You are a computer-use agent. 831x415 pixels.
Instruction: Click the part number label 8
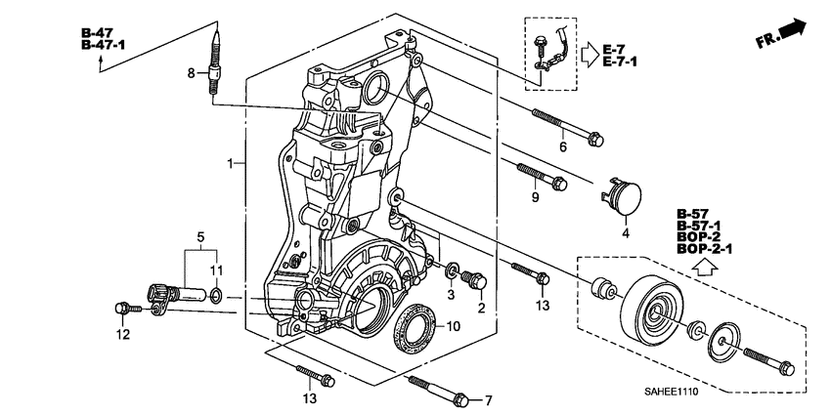coord(193,72)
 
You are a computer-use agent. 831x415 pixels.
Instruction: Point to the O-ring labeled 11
coord(215,294)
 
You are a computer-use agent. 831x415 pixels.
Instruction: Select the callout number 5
coord(200,236)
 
